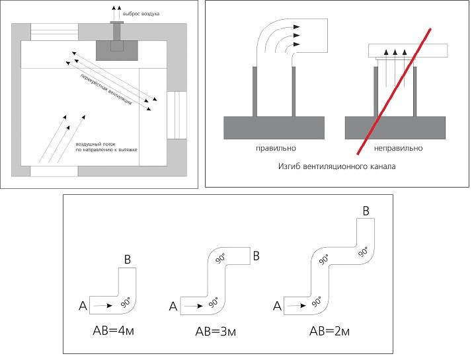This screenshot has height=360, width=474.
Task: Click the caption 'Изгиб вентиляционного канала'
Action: tap(338, 166)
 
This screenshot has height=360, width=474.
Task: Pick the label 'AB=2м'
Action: tap(329, 330)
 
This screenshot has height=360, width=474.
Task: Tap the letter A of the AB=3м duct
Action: tap(173, 306)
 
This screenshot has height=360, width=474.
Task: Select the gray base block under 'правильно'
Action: tap(274, 127)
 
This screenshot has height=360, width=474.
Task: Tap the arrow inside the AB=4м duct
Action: tap(102, 306)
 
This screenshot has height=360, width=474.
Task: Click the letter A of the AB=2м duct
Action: tap(277, 306)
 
